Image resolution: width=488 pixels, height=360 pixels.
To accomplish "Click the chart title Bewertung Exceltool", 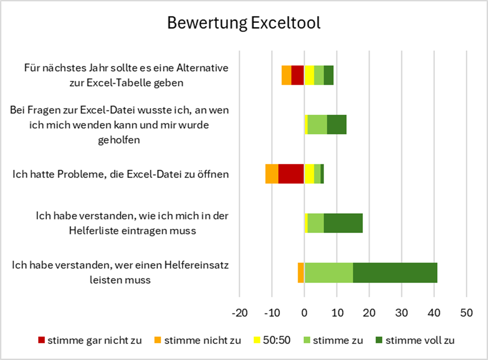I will (243, 23).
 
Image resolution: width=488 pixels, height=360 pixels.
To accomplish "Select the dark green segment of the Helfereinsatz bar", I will (395, 273).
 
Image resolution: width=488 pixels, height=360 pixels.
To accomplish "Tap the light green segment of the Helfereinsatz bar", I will (329, 273).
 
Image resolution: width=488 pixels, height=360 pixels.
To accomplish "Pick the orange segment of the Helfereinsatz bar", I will (301, 273).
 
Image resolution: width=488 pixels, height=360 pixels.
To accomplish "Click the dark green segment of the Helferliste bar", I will (343, 223).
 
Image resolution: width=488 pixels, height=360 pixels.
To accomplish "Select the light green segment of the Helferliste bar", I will (316, 223).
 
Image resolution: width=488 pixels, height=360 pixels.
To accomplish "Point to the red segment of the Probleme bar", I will (291, 174).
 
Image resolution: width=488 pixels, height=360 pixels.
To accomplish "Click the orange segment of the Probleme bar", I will (272, 174).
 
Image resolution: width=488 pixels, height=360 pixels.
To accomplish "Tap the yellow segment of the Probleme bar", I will (309, 174).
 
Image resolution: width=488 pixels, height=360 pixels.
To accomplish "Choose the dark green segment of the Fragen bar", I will (336, 124).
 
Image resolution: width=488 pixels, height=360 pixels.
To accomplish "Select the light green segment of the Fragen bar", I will (317, 124).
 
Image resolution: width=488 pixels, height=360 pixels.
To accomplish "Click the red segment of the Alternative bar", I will (297, 75).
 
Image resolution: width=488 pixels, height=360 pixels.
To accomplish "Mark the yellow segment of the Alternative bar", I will (309, 75).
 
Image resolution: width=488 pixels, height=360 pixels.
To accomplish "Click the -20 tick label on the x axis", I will (239, 313).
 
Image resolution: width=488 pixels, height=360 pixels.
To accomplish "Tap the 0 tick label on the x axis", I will (304, 313).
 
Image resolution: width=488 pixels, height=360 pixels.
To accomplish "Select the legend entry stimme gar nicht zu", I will (90, 340).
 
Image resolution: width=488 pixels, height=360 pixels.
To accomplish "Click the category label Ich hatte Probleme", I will (121, 174).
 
